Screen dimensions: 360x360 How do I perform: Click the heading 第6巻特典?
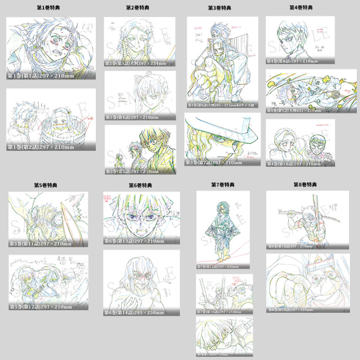[140, 185]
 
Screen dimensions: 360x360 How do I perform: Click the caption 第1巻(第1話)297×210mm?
[40, 76]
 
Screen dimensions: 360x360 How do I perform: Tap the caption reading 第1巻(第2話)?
[40, 147]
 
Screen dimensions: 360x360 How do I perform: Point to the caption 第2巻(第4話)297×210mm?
[132, 117]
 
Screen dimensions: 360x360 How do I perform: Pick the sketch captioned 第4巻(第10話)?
[300, 141]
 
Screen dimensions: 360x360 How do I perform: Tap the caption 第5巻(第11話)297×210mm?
[40, 244]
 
